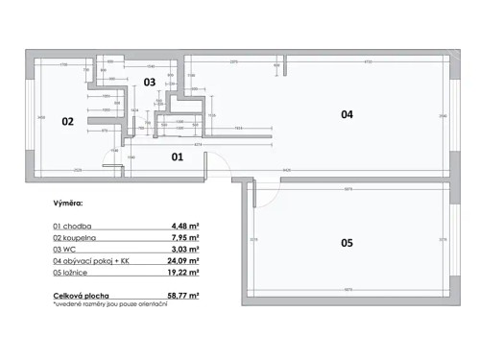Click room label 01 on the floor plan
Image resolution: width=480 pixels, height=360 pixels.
click(x=178, y=155)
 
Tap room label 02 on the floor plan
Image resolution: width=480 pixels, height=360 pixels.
click(x=68, y=122)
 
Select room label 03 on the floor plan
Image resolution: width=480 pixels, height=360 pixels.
click(x=150, y=83)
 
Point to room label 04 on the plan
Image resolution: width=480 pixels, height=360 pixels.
click(x=348, y=114)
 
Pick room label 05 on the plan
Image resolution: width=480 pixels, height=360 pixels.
click(x=348, y=243)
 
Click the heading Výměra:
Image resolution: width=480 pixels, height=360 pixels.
click(x=68, y=204)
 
